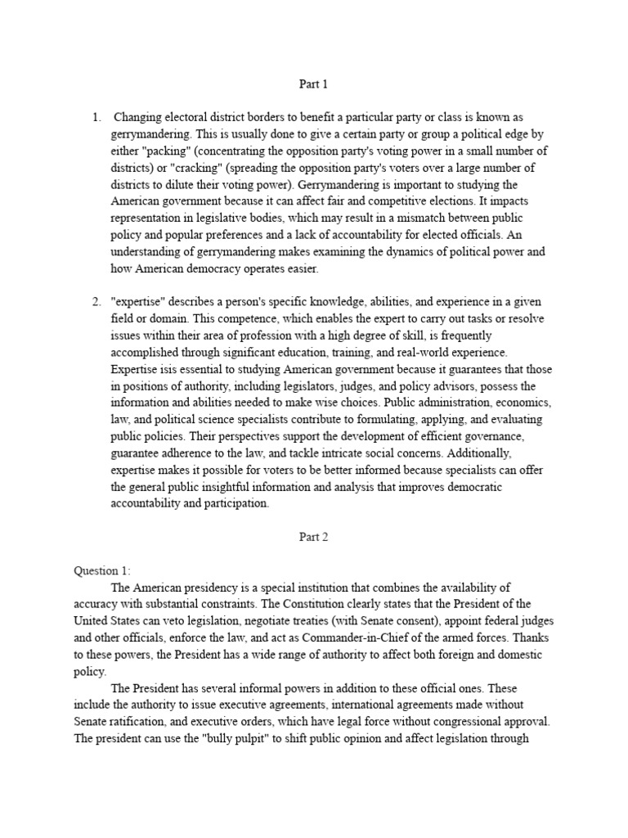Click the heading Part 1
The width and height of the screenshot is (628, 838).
tap(313, 83)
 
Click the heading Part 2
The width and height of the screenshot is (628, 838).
tap(313, 537)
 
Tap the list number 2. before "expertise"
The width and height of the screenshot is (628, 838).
tap(96, 302)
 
